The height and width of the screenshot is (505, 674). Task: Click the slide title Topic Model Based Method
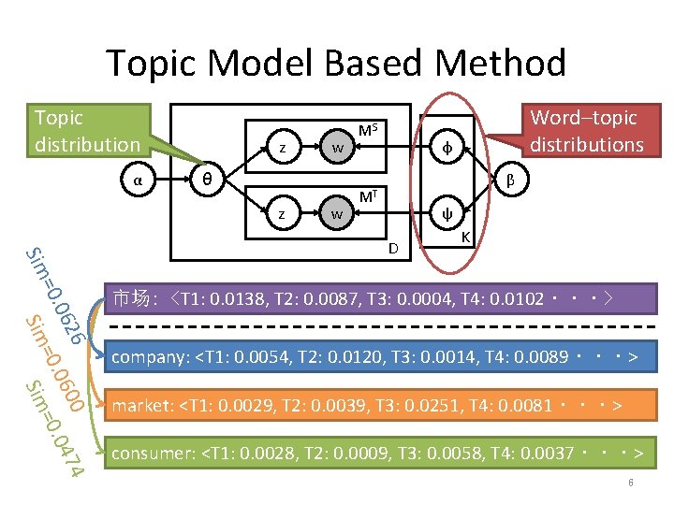point(336,64)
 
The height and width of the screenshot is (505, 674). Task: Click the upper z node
point(283,148)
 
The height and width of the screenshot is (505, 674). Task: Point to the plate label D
point(395,247)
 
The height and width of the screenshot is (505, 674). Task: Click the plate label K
point(465,239)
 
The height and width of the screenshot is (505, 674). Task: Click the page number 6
point(631,483)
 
